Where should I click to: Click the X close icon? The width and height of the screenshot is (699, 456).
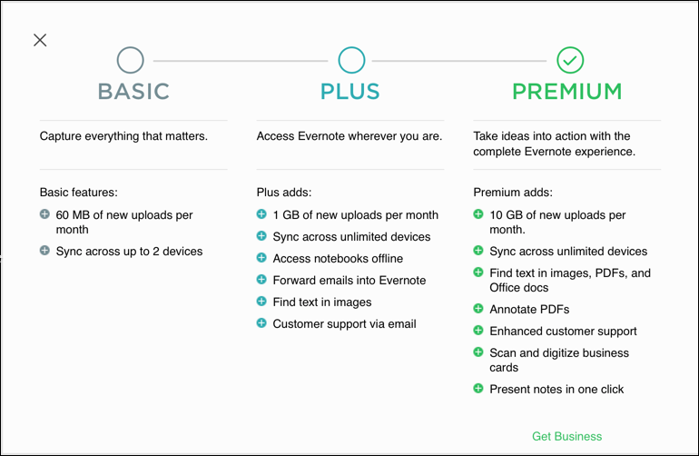click(x=40, y=40)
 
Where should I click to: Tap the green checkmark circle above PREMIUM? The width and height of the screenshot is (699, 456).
click(x=570, y=60)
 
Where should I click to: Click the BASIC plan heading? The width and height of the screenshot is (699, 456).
click(x=133, y=92)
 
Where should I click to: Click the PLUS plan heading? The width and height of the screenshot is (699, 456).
click(x=349, y=92)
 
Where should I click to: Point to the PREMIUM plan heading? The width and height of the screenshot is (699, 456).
click(x=567, y=92)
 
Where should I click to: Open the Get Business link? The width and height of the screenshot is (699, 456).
click(x=567, y=436)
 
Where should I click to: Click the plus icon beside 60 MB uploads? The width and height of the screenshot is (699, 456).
click(x=44, y=214)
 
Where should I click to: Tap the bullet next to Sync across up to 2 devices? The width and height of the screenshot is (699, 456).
click(x=44, y=251)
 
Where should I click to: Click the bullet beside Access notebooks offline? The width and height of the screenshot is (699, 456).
click(x=261, y=257)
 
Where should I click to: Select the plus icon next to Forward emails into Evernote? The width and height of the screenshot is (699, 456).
click(x=261, y=279)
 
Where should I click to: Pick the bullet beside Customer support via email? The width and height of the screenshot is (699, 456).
click(x=261, y=323)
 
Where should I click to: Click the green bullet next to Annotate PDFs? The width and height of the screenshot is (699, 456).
click(x=478, y=308)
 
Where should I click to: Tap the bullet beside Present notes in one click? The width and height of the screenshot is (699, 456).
click(x=478, y=388)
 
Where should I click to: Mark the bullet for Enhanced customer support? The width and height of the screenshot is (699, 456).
click(x=478, y=330)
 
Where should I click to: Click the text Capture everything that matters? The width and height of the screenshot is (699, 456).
click(x=123, y=136)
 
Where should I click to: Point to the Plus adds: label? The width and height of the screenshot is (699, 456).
click(x=284, y=193)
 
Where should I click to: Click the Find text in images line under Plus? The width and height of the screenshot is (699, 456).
click(x=322, y=302)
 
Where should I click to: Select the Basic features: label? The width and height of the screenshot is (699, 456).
click(x=78, y=193)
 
